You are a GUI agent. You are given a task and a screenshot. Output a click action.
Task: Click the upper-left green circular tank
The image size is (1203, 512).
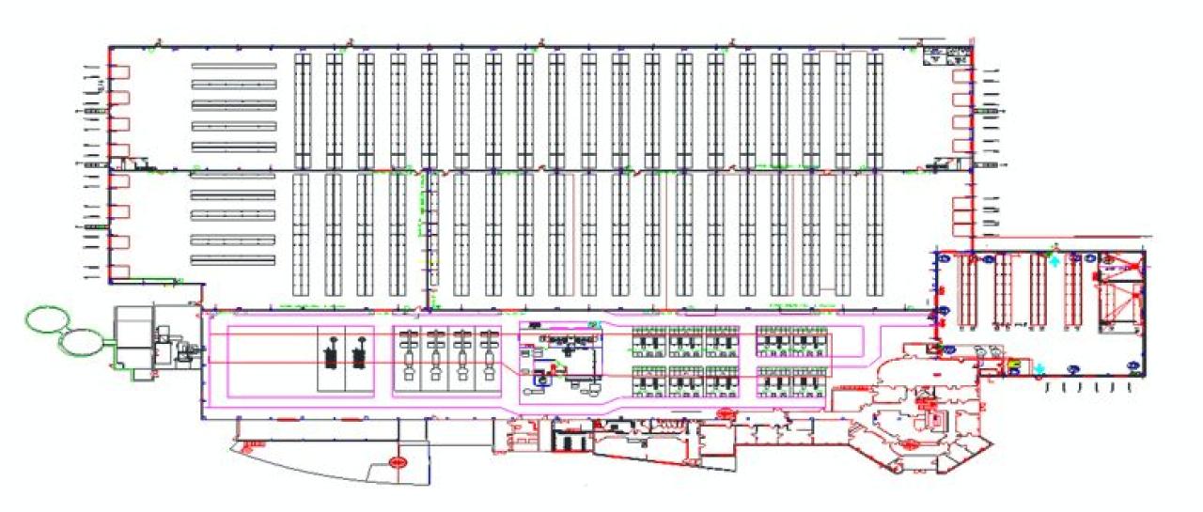point(44,319)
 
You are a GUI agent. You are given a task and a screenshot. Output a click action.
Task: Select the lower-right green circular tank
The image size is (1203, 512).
point(82,341)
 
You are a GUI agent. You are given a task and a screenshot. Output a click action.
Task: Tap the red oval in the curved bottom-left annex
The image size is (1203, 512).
point(398,461)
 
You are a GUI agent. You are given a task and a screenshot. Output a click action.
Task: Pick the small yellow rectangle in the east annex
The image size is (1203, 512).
point(1014,364)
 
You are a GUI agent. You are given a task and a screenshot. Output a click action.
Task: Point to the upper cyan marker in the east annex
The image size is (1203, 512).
point(1054,260)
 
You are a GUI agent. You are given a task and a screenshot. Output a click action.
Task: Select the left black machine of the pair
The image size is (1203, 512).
point(330,356)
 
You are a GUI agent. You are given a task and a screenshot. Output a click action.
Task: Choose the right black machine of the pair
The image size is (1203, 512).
point(357,356)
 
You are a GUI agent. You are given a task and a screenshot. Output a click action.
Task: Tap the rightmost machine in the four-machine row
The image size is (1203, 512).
point(487,357)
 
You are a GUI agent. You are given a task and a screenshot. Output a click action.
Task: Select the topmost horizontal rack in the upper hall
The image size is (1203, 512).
point(234,66)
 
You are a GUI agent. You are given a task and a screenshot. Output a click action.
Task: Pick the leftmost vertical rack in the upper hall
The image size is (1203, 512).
point(302,110)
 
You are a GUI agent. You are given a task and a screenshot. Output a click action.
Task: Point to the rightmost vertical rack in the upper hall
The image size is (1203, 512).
point(875,110)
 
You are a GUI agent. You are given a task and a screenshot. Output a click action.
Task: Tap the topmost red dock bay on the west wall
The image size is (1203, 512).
point(119,73)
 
